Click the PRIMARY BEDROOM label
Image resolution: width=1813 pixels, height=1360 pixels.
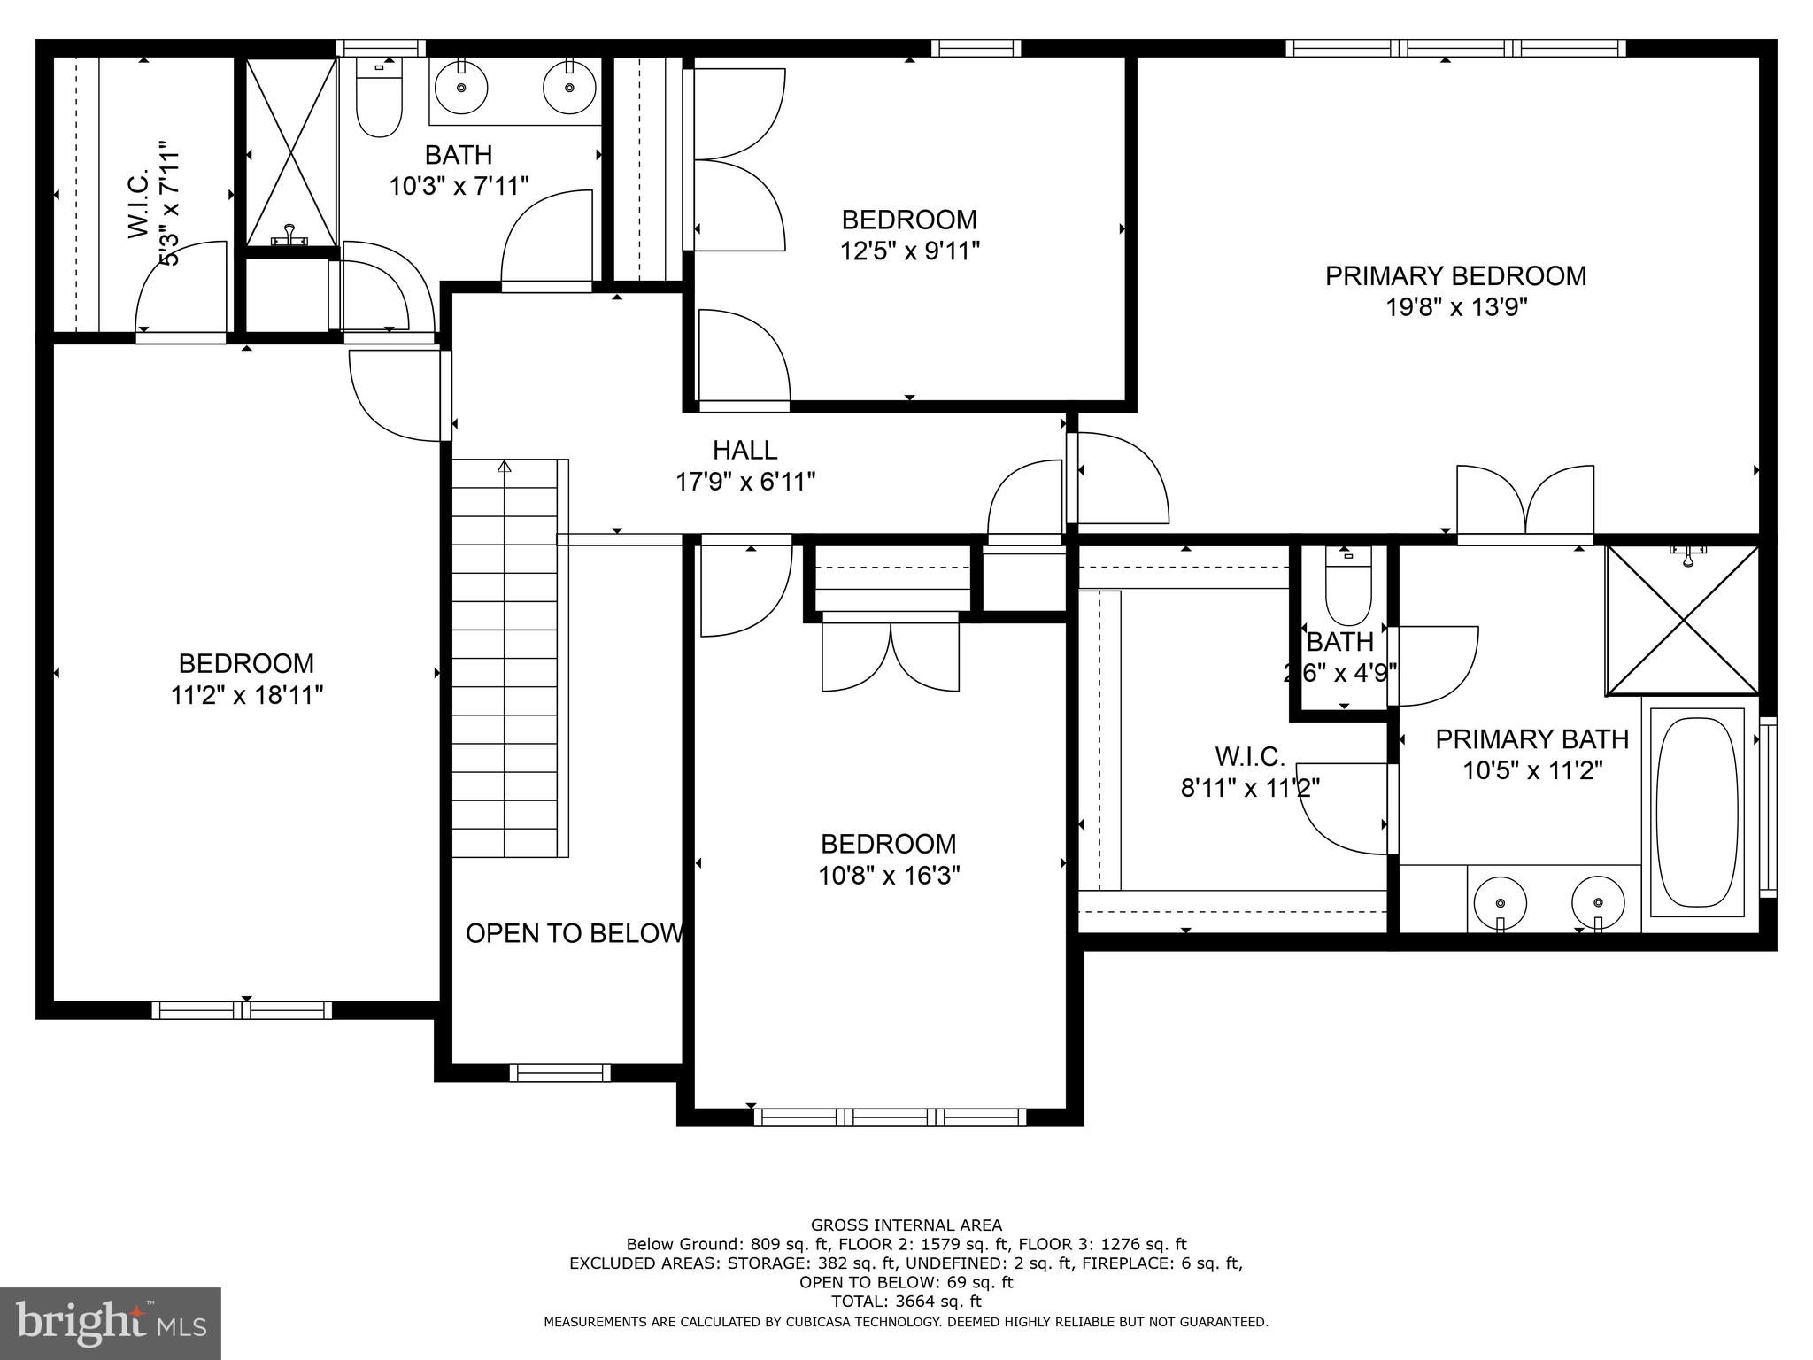pos(1455,275)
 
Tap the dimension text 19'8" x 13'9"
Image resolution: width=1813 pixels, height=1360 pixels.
pos(1456,308)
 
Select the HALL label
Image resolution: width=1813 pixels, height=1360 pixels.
pos(745,450)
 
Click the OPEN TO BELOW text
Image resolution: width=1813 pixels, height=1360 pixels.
pos(575,933)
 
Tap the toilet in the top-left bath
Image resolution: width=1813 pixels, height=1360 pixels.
pos(379,99)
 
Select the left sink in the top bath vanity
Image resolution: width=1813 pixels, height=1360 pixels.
pos(461,87)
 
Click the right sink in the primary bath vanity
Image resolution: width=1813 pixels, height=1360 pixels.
pos(1598,903)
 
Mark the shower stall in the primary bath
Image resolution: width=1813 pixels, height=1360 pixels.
pos(1683,620)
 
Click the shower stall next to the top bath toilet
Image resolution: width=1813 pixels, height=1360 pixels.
pos(291,152)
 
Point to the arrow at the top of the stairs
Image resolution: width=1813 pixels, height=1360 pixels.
pos(505,467)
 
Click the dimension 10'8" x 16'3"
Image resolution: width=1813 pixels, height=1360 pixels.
pos(889,876)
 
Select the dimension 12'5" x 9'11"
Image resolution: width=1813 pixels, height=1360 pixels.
pos(909,251)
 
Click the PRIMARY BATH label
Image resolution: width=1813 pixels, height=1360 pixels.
pos(1531,738)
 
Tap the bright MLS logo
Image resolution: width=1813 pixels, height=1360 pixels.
pos(111,1324)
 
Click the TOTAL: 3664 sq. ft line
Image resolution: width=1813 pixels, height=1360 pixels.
pos(906,1302)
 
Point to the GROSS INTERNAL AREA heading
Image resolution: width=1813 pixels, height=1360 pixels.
pos(906,1225)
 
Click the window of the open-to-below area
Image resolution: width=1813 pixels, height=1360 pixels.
pos(559,1073)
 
